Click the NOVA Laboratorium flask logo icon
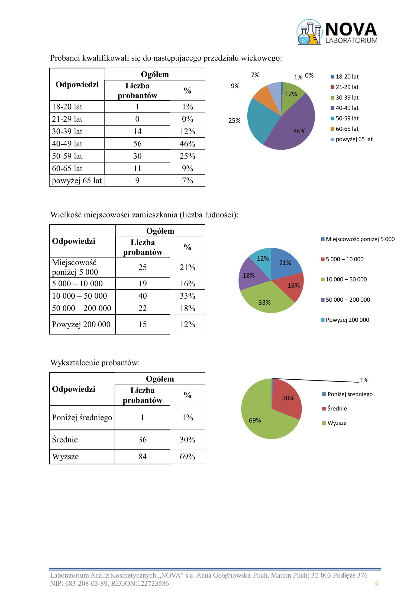(x=309, y=32)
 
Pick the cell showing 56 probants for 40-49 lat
(x=137, y=144)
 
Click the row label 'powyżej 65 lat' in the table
(x=77, y=181)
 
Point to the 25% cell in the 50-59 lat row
(x=187, y=156)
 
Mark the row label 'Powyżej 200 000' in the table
(x=81, y=324)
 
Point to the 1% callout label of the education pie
(x=364, y=380)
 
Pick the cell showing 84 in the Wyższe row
(x=142, y=457)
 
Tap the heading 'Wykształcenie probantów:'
(x=95, y=363)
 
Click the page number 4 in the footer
(x=376, y=583)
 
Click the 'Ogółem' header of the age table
(x=155, y=74)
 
